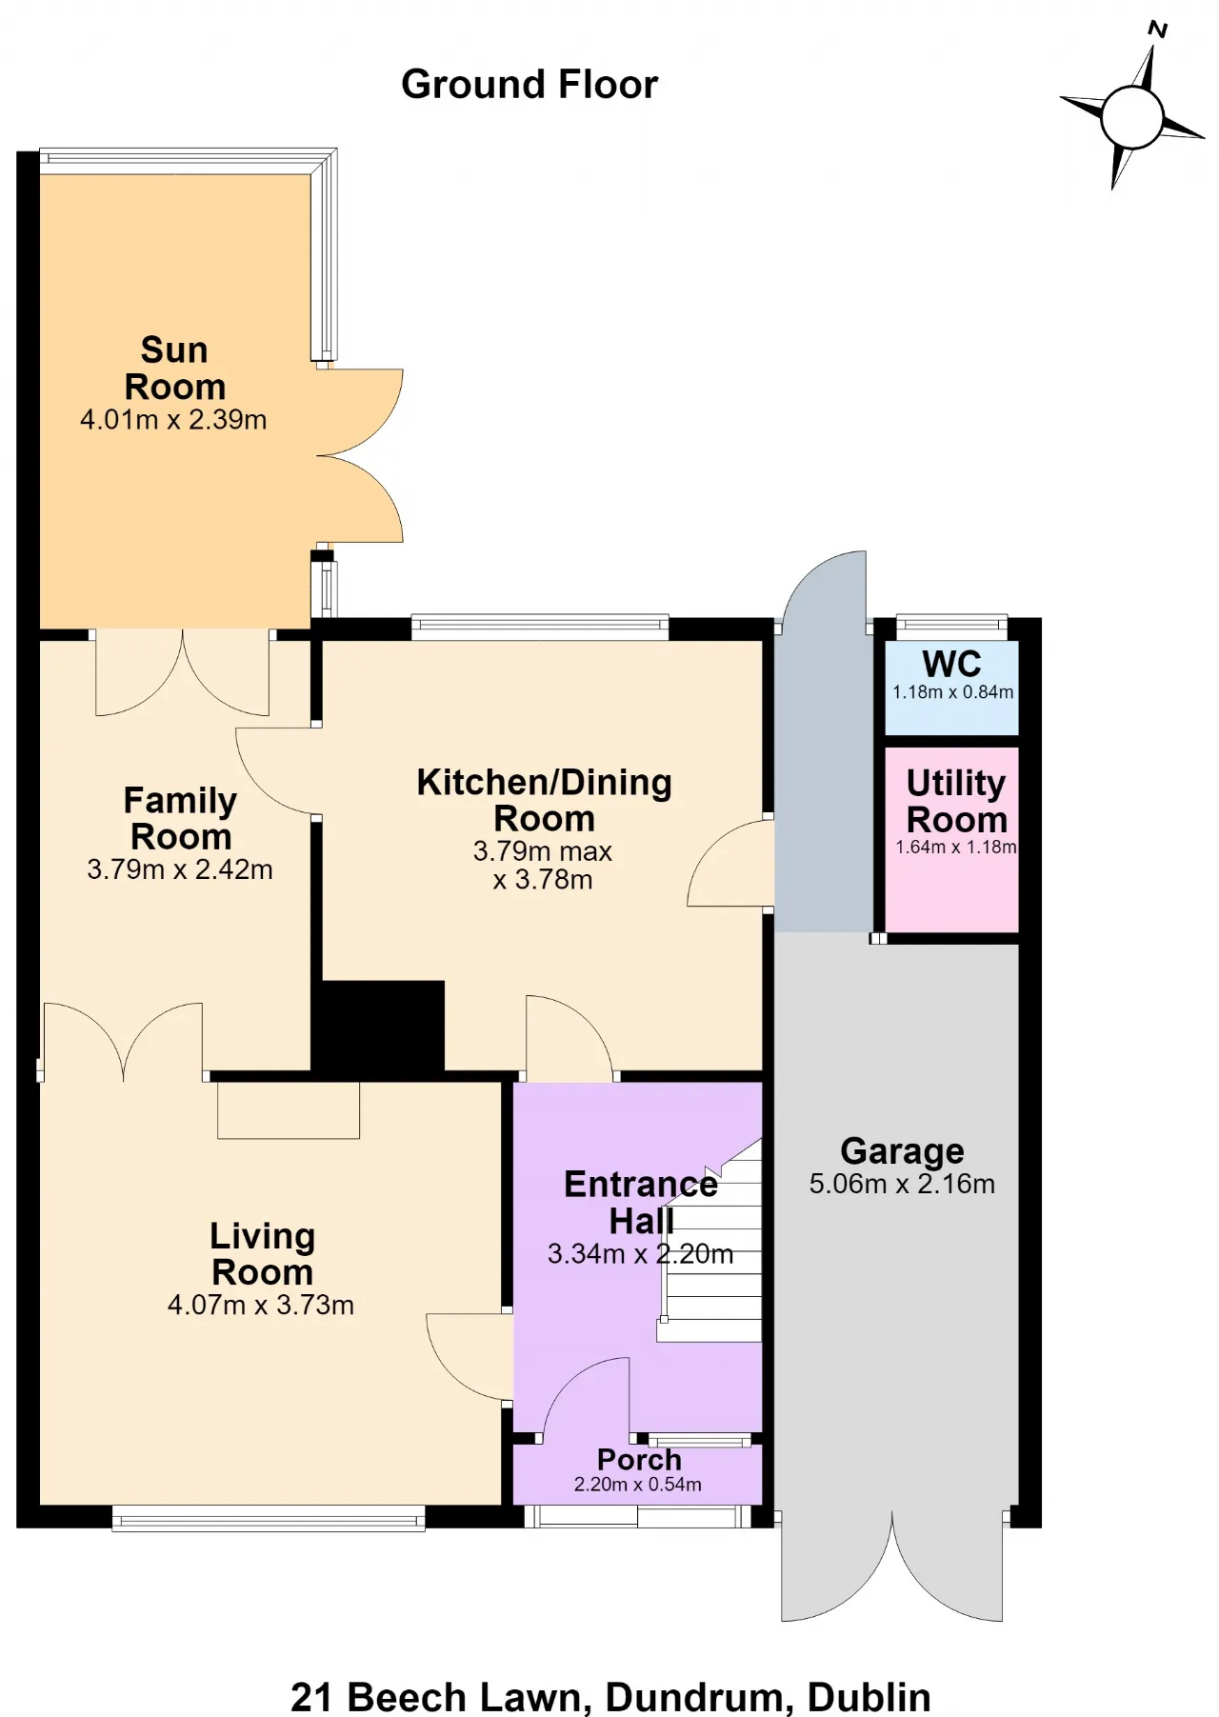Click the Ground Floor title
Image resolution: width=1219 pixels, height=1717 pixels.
click(x=530, y=85)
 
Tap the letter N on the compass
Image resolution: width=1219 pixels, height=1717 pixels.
click(x=1158, y=30)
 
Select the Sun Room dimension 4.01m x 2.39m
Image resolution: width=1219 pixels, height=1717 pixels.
click(x=173, y=419)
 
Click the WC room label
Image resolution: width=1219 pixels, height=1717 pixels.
click(x=951, y=664)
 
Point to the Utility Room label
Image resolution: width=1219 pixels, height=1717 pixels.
click(x=956, y=801)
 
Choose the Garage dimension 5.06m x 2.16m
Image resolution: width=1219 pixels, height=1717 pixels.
click(x=902, y=1184)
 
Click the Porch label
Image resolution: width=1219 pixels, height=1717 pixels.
click(x=639, y=1460)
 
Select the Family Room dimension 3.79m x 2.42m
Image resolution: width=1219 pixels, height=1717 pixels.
click(x=180, y=869)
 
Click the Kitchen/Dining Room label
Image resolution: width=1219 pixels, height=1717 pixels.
click(x=544, y=800)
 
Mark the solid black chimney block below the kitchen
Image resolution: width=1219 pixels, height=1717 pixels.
click(x=379, y=1027)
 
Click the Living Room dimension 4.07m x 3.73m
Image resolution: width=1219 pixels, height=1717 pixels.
click(x=261, y=1305)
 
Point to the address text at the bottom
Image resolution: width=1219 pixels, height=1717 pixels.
click(x=610, y=1697)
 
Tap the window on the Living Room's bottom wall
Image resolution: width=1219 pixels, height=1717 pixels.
click(x=269, y=1518)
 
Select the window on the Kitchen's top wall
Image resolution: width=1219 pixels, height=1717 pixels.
click(x=540, y=627)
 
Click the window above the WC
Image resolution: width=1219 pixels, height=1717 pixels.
click(x=952, y=628)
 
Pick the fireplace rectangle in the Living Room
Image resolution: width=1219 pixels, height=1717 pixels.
click(x=289, y=1110)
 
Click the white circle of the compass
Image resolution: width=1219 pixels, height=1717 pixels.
click(x=1132, y=117)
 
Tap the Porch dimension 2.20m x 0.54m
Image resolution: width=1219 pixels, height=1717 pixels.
click(x=638, y=1485)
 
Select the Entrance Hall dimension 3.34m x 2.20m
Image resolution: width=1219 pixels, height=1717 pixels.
click(x=641, y=1254)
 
